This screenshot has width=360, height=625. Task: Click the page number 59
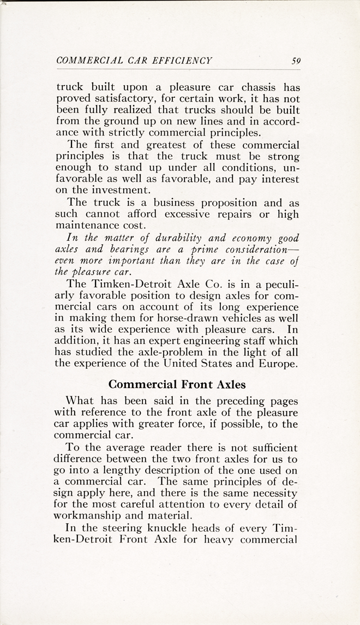pos(296,61)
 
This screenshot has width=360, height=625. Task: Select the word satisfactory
pos(124,100)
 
